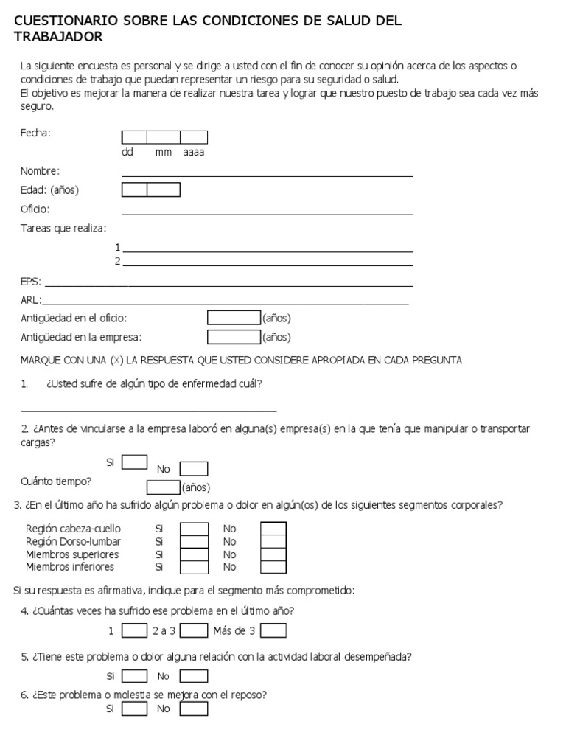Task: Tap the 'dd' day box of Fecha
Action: [134, 137]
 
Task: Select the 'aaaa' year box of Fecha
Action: [194, 137]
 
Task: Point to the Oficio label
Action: [35, 209]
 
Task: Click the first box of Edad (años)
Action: [134, 190]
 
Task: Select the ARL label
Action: [31, 299]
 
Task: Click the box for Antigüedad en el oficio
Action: [234, 319]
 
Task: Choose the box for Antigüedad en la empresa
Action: [234, 337]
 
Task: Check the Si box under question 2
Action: [134, 462]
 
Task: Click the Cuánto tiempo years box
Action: [163, 487]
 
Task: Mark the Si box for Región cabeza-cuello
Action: [195, 529]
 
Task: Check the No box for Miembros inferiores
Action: [273, 567]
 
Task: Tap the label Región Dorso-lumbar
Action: [73, 541]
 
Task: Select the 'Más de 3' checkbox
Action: [273, 631]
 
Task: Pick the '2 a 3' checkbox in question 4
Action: [194, 631]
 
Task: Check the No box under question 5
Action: [194, 676]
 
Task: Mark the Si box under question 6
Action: [134, 709]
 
